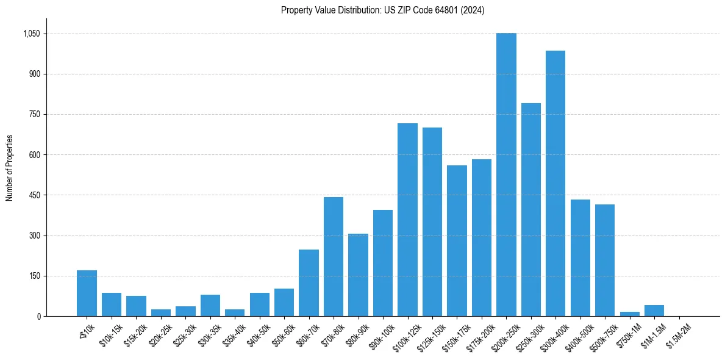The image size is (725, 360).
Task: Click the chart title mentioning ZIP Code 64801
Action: coord(382,10)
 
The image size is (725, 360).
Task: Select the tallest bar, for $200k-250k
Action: coord(506,175)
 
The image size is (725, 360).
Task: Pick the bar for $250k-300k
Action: coord(530,209)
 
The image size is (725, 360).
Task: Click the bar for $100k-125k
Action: coord(407,220)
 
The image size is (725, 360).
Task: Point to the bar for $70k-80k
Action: coord(334,256)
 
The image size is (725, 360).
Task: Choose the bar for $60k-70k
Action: coord(309,283)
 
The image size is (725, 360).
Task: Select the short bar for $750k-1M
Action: coord(629,314)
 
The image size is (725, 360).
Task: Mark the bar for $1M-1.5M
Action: coord(654,311)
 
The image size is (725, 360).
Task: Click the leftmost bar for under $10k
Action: coord(87,293)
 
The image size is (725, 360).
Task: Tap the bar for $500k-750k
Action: coord(605,260)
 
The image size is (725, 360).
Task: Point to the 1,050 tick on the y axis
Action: coord(30,34)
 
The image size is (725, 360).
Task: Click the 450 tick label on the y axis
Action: coord(34,195)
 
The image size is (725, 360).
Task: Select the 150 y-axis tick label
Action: coord(34,276)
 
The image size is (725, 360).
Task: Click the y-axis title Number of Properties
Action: coord(9,168)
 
